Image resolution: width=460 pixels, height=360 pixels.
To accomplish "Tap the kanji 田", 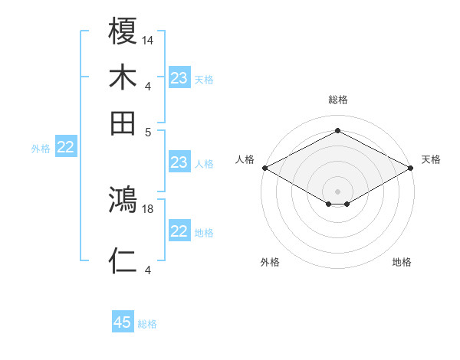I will [x=123, y=123].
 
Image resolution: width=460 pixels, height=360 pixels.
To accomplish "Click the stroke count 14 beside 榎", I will [x=148, y=39].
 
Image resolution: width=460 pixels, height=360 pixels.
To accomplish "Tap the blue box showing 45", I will [x=123, y=322].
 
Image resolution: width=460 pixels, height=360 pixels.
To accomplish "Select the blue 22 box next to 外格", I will [x=65, y=148].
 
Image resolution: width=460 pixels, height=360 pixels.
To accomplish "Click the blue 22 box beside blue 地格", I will [x=179, y=231].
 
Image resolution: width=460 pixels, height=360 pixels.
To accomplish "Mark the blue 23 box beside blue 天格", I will [x=179, y=77].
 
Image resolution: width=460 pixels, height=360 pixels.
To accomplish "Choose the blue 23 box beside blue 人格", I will [x=179, y=162].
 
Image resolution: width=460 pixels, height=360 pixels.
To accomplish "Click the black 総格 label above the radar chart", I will [x=337, y=100].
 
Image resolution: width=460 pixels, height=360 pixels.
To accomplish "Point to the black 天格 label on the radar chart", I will [x=431, y=159].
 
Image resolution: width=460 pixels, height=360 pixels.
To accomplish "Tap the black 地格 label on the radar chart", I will [x=402, y=262].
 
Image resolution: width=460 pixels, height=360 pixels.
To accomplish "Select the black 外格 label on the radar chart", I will [x=270, y=262].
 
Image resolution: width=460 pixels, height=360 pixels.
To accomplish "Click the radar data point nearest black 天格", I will [x=411, y=168].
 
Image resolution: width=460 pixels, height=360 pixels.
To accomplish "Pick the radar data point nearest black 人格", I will [x=264, y=168].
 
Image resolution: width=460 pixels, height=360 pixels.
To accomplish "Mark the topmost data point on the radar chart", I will [x=337, y=131].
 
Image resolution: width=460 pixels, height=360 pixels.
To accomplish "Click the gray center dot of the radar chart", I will [x=337, y=190].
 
